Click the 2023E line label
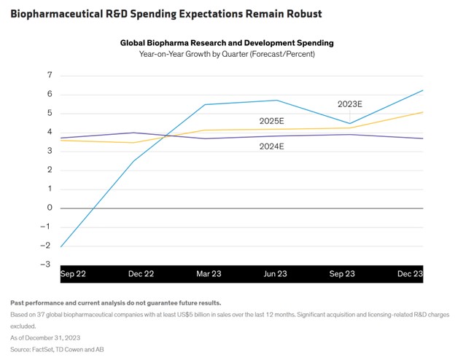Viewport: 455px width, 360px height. click(x=350, y=104)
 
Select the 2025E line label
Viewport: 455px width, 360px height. click(x=271, y=121)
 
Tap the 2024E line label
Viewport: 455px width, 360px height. click(x=271, y=146)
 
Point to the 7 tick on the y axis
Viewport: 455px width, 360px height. click(x=50, y=75)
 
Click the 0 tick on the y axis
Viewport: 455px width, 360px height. click(x=50, y=208)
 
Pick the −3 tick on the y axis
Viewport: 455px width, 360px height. click(x=45, y=265)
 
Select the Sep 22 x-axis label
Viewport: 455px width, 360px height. click(x=73, y=274)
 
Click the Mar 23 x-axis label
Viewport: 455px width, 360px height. click(x=209, y=274)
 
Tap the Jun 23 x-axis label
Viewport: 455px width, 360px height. click(x=275, y=274)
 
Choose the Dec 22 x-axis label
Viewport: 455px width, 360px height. click(x=141, y=274)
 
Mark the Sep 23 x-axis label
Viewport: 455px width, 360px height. click(x=342, y=274)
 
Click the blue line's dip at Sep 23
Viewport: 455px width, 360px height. click(x=350, y=124)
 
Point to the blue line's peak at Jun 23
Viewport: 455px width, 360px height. click(x=276, y=101)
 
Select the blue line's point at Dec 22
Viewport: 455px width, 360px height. click(x=133, y=161)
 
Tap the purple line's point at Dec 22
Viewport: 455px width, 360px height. click(x=133, y=133)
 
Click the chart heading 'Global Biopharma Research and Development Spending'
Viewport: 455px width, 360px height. click(x=227, y=43)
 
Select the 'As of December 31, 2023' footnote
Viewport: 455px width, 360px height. click(x=45, y=338)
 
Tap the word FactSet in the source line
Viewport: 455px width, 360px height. click(x=42, y=350)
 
